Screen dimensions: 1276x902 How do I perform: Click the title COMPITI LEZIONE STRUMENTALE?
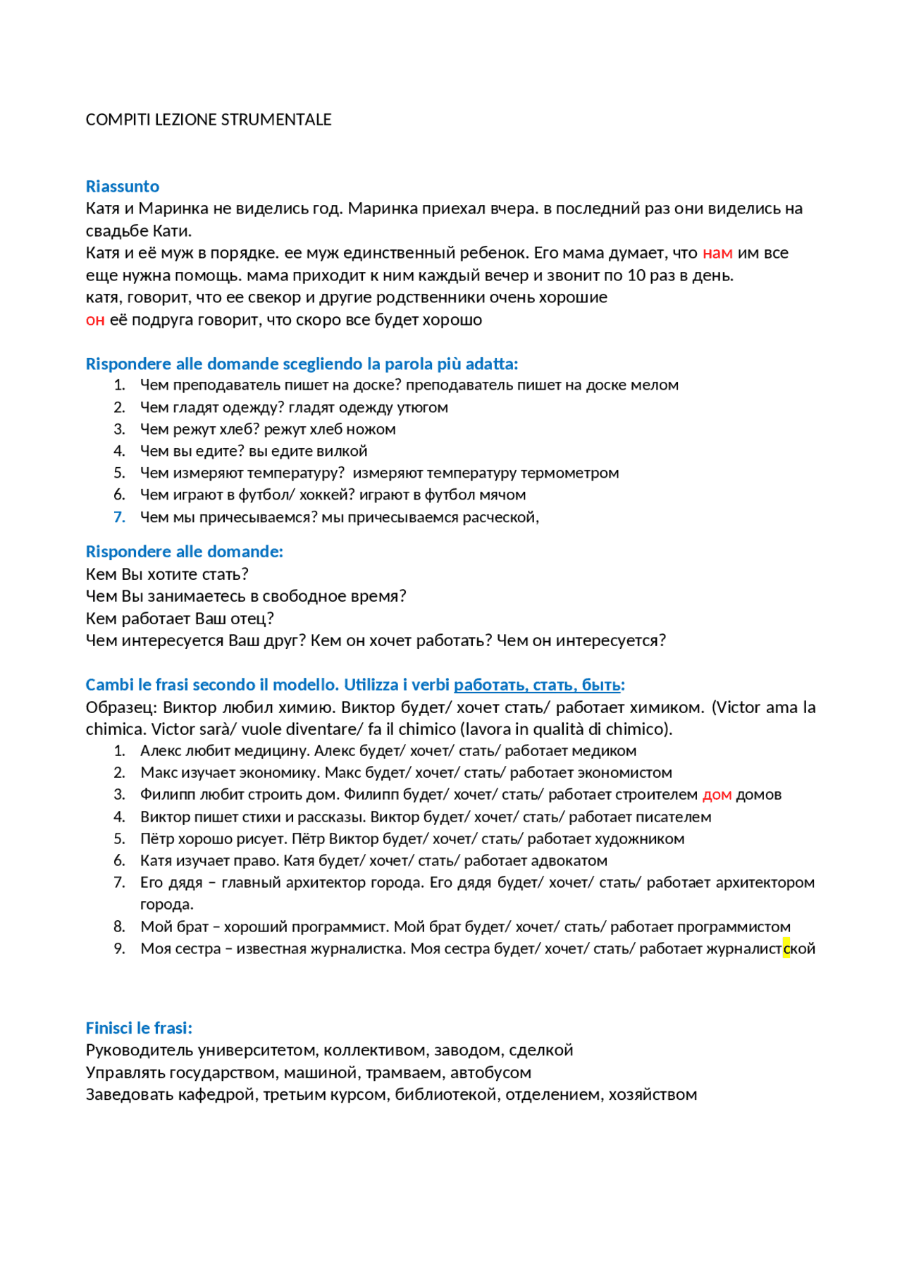click(x=209, y=120)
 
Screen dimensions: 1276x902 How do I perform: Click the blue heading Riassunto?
click(x=123, y=186)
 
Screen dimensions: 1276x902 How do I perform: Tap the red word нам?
click(x=717, y=253)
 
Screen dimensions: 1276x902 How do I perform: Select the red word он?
click(x=95, y=320)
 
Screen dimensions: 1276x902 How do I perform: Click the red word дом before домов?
click(x=717, y=795)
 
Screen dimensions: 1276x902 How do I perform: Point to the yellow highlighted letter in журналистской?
click(x=786, y=948)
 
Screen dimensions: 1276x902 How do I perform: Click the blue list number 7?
click(x=120, y=517)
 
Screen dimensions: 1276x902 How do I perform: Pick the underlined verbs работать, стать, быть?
click(x=537, y=685)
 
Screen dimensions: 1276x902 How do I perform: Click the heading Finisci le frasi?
click(x=139, y=1028)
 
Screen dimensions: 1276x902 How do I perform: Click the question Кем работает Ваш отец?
click(x=180, y=619)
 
